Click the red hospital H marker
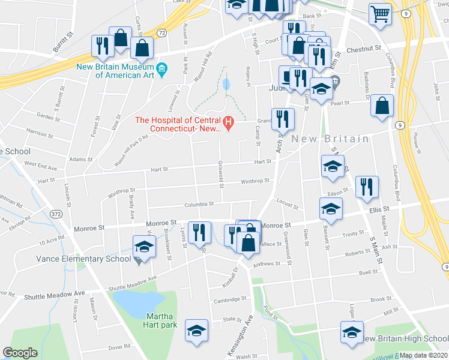[x=229, y=124]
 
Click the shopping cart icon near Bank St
[x=380, y=14]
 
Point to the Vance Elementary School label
[x=83, y=259]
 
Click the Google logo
[x=20, y=353]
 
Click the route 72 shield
[x=162, y=32]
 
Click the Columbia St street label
[x=199, y=204]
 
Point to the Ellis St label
[x=379, y=209]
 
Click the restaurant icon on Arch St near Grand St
[x=281, y=118]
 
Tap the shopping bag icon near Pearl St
[x=382, y=106]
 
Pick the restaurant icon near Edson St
[x=366, y=187]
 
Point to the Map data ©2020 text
[x=424, y=355]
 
